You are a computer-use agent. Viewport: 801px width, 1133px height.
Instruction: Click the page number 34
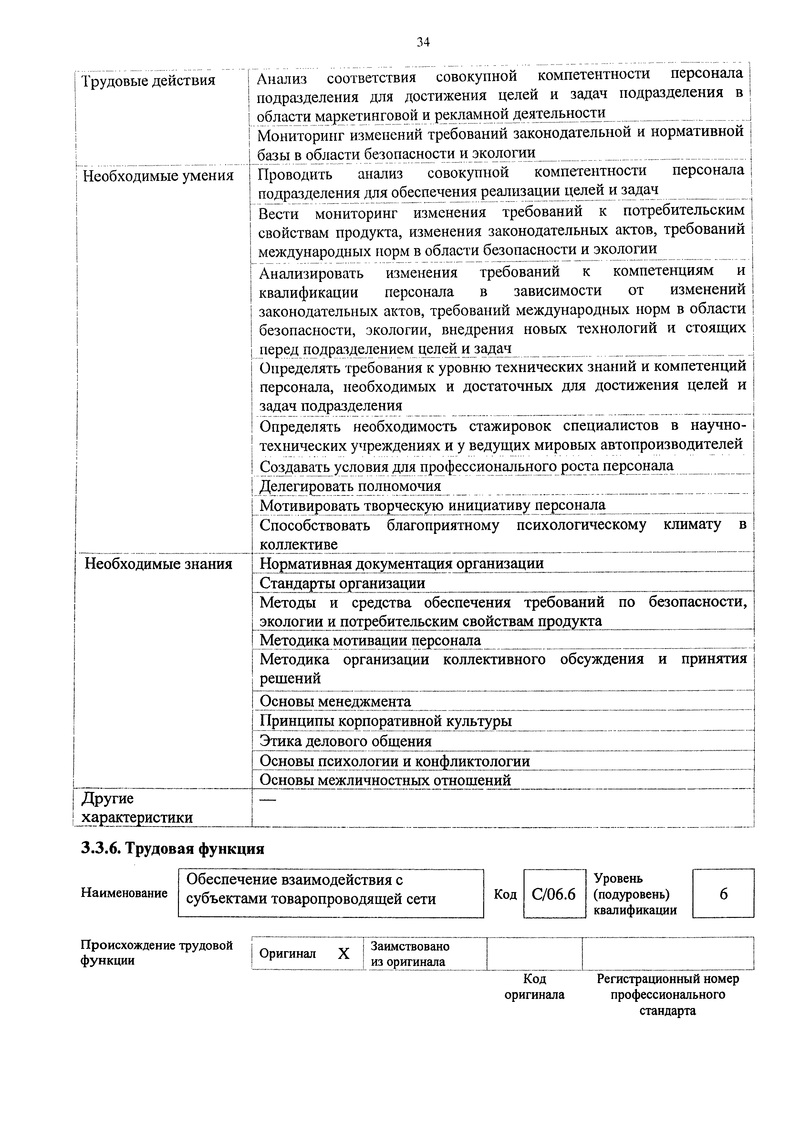423,42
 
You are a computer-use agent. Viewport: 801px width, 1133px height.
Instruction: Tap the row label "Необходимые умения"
158,176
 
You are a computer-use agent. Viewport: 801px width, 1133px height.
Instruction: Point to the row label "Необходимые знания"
158,564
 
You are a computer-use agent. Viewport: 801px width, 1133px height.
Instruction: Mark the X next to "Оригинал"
344,954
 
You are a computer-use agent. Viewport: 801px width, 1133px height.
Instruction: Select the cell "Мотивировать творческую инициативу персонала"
432,505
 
